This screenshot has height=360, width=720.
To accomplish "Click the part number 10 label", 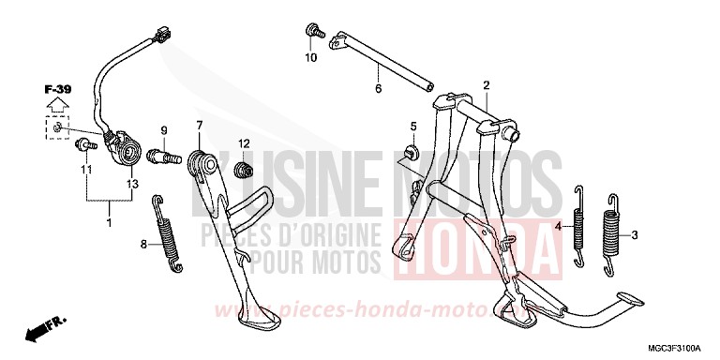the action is [311, 58].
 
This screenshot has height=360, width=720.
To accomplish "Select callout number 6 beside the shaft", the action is [379, 89].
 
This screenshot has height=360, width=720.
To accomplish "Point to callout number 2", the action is [487, 86].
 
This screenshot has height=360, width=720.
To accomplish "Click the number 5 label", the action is [412, 126].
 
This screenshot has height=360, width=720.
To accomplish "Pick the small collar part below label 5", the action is [410, 152].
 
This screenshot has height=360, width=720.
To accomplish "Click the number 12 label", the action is [243, 142].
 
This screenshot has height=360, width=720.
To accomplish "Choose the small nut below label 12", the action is [245, 170].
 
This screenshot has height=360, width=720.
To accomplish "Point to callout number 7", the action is [199, 125].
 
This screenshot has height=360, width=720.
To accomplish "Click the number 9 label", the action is [162, 129].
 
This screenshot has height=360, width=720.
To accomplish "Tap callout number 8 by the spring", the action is [144, 245].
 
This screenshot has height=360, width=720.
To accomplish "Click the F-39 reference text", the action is [58, 89].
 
